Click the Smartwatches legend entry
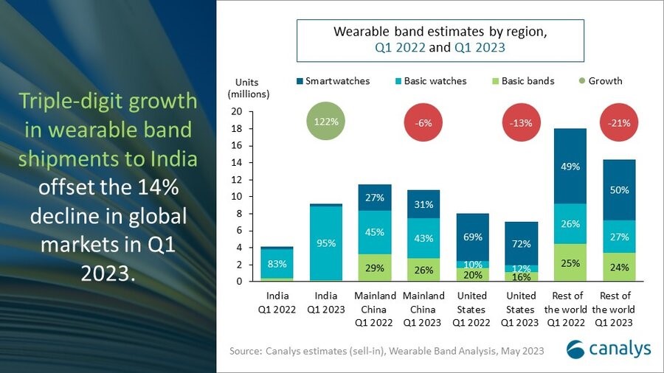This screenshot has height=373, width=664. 332,81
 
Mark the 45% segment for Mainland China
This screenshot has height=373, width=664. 375,232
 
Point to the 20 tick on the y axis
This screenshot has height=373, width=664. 237,112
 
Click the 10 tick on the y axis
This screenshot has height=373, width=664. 237,197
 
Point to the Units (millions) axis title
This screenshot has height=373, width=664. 249,88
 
